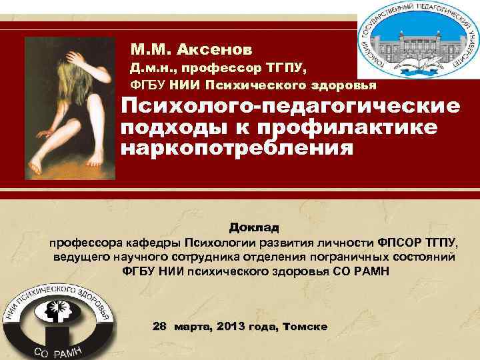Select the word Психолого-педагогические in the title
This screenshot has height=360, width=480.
pyautogui.click(x=290, y=107)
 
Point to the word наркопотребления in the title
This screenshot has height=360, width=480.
pyautogui.click(x=237, y=146)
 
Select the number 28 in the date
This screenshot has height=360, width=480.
pyautogui.click(x=160, y=327)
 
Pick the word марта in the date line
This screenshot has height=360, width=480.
pyautogui.click(x=191, y=327)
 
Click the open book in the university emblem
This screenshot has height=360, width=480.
pyautogui.click(x=419, y=65)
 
